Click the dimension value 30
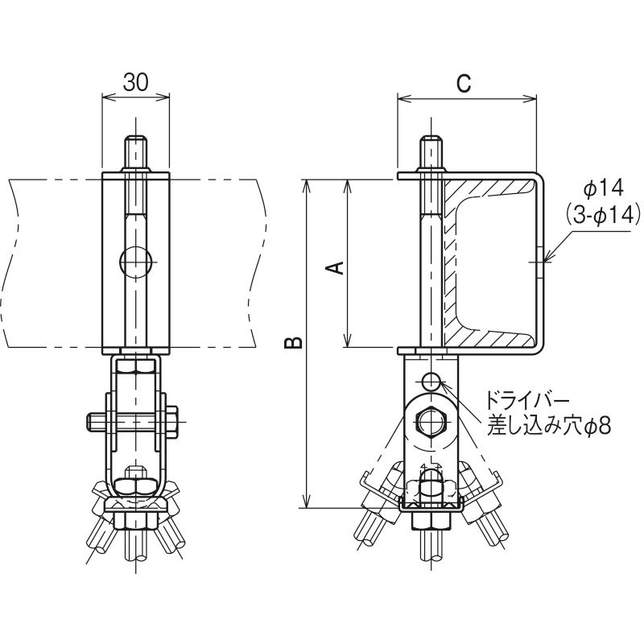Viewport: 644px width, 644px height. (x=135, y=83)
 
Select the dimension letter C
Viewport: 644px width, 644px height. (x=464, y=84)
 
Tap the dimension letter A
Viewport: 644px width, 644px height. (x=335, y=268)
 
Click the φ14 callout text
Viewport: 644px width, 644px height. (x=603, y=188)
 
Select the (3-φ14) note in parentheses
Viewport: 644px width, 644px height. (x=603, y=213)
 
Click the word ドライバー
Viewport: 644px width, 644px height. (x=528, y=400)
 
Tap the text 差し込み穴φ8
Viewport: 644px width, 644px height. (x=548, y=427)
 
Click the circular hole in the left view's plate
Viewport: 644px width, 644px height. (x=135, y=262)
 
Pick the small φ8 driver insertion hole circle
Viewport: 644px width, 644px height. (x=431, y=380)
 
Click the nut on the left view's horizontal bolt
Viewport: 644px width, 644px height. (x=172, y=421)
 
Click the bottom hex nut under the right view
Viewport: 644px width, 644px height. (x=431, y=519)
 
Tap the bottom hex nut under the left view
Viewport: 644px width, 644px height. (x=135, y=519)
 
